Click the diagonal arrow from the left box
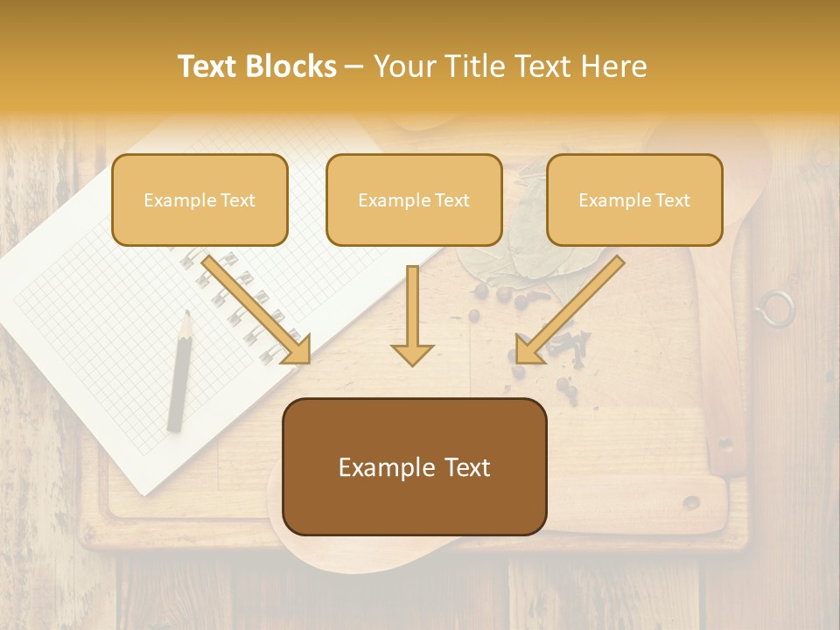pyautogui.click(x=257, y=310)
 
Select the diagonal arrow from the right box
pyautogui.click(x=569, y=311)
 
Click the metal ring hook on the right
pyautogui.click(x=775, y=309)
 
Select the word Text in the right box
pyautogui.click(x=673, y=200)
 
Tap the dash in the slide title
pyautogui.click(x=354, y=66)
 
